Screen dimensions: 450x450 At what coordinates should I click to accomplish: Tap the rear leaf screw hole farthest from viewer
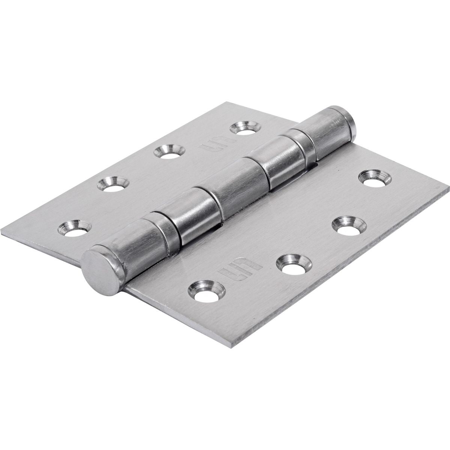click(x=244, y=128)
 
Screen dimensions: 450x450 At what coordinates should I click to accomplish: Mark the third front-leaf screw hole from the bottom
click(x=346, y=226)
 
